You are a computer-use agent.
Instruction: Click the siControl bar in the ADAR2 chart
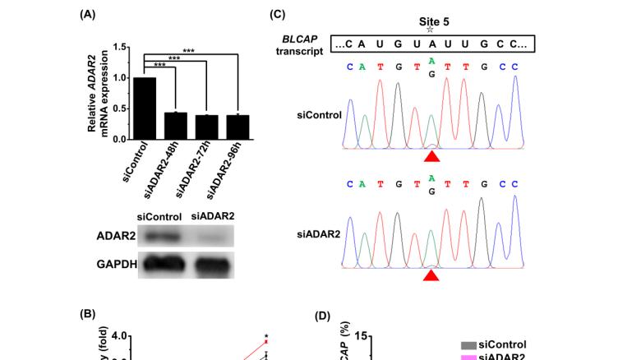pos(144,108)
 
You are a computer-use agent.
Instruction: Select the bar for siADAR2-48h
pos(175,126)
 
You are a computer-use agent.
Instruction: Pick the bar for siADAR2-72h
pos(206,127)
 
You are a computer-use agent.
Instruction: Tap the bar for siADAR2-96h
pos(237,127)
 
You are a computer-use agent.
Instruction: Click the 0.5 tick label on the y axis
pos(121,108)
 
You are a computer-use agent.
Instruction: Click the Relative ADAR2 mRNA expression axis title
pos(98,92)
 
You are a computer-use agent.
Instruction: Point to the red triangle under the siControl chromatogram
pos(432,155)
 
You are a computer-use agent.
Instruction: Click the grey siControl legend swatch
pos(468,345)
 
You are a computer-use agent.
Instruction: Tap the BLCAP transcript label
pos(298,44)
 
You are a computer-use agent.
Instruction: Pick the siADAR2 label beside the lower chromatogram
pos(318,235)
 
